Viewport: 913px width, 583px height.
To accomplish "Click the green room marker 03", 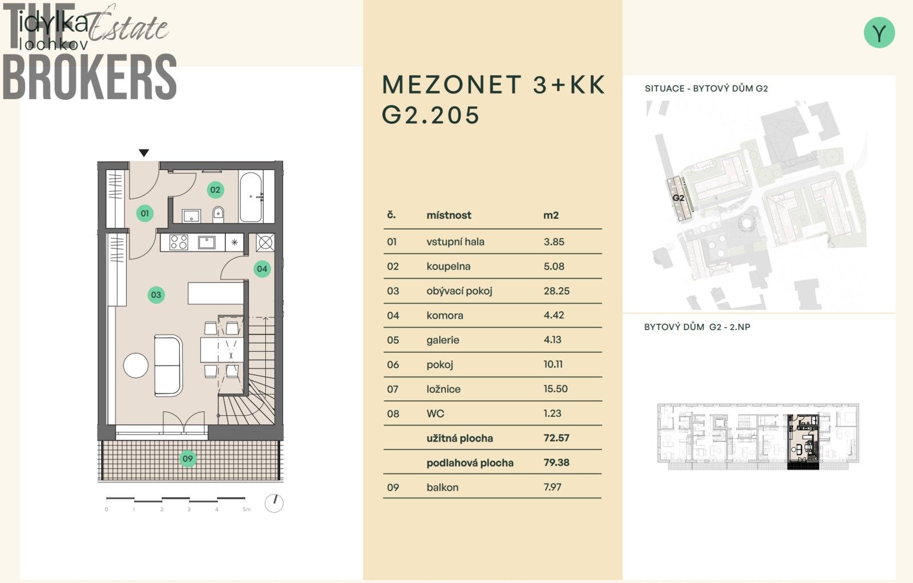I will click(x=156, y=295).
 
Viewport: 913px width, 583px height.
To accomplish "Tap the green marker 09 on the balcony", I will click(x=187, y=458).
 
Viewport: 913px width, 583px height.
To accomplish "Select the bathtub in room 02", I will click(x=251, y=197).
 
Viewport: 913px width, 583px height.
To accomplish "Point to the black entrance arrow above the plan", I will click(x=144, y=152).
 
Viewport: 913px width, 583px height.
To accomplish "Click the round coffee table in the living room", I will click(x=136, y=365).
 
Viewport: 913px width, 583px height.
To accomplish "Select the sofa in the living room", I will click(x=168, y=365).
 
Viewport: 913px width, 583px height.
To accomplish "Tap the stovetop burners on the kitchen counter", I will click(x=179, y=243).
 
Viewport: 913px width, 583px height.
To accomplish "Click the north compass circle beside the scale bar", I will click(x=274, y=502).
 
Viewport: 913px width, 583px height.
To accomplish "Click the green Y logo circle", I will click(x=879, y=33).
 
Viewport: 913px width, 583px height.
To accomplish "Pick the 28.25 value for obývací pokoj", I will click(x=556, y=291).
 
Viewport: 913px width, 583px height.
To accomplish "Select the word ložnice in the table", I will click(x=443, y=389).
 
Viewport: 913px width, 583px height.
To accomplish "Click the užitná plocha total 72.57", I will click(x=556, y=438).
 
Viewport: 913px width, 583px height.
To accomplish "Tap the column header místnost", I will click(x=449, y=215).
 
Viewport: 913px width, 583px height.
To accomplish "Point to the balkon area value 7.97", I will click(x=552, y=487).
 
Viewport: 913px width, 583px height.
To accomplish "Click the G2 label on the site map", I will click(x=678, y=198).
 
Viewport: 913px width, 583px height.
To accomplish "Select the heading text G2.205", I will click(x=431, y=115).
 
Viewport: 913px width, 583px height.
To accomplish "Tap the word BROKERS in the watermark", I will click(x=90, y=77).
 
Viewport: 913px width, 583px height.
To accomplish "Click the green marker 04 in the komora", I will click(x=262, y=268).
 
